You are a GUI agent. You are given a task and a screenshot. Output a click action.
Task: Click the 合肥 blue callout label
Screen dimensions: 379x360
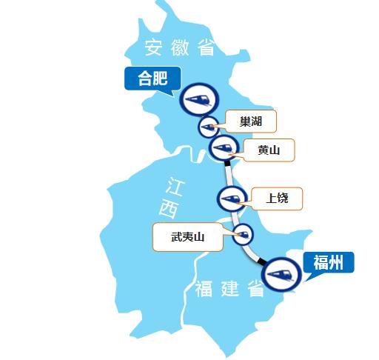152,78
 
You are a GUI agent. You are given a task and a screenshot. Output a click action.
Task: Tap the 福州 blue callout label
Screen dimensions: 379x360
328,262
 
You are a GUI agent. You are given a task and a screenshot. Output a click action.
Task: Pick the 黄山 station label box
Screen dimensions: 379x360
268,150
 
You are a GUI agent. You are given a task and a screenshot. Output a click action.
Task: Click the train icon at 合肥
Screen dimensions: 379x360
198,99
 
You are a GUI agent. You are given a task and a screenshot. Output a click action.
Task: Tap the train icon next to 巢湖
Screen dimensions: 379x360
209,127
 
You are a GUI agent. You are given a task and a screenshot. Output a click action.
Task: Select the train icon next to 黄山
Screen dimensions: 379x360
223,147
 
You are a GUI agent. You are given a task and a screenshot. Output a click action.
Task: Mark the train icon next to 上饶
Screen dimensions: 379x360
230,199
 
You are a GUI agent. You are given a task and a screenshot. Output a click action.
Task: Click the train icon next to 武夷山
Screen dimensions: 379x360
242,235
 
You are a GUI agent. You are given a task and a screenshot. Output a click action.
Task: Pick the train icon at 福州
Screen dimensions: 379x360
281,275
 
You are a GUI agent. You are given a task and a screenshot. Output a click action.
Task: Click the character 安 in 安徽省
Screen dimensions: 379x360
153,49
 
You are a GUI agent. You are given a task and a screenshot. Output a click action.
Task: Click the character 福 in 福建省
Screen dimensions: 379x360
204,290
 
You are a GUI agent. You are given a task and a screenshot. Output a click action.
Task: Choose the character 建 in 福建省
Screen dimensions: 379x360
230,290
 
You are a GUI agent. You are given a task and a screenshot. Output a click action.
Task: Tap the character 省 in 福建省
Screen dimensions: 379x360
256,290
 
